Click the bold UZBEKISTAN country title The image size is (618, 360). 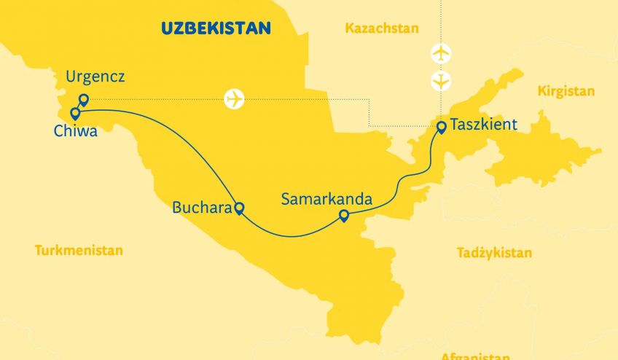pyautogui.click(x=216, y=28)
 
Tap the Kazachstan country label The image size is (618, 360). pyautogui.click(x=382, y=28)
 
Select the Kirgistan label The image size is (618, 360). pyautogui.click(x=566, y=91)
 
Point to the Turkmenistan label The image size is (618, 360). pyautogui.click(x=79, y=250)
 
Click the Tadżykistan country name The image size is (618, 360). pyautogui.click(x=494, y=253)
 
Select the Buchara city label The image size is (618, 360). pyautogui.click(x=200, y=208)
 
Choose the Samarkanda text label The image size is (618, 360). pyautogui.click(x=327, y=198)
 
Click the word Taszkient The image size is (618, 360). pyautogui.click(x=484, y=124)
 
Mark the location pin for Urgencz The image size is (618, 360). pyautogui.click(x=84, y=100)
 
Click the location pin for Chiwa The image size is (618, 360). pyautogui.click(x=75, y=113)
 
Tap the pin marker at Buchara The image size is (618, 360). pyautogui.click(x=238, y=208)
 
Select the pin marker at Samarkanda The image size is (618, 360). pyautogui.click(x=344, y=215)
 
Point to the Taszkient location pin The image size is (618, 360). pyautogui.click(x=441, y=127)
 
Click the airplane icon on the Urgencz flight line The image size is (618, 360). pyautogui.click(x=235, y=99)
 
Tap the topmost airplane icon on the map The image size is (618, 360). pyautogui.click(x=441, y=53)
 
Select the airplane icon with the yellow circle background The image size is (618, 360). pyautogui.click(x=441, y=81)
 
